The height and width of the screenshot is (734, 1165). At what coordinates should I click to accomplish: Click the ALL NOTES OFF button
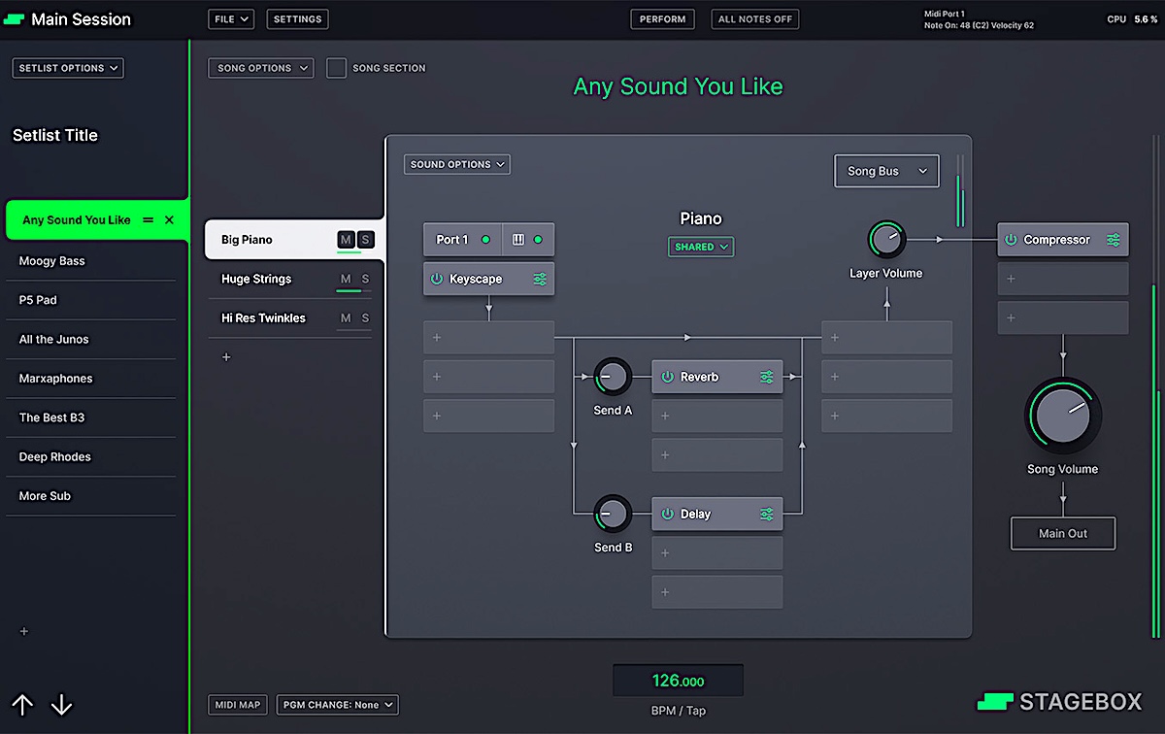pyautogui.click(x=755, y=18)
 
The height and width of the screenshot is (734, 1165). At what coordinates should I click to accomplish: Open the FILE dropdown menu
pyautogui.click(x=231, y=18)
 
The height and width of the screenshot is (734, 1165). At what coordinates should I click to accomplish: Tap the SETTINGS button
pyautogui.click(x=297, y=18)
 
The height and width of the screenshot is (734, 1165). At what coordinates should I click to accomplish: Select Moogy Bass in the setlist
pyautogui.click(x=52, y=261)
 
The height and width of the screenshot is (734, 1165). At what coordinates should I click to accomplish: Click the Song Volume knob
pyautogui.click(x=1063, y=416)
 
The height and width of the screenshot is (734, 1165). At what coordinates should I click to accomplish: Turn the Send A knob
pyautogui.click(x=613, y=377)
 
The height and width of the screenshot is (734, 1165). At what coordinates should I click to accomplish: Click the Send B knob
pyautogui.click(x=613, y=514)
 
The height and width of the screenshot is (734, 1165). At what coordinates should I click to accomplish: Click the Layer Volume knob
pyautogui.click(x=885, y=239)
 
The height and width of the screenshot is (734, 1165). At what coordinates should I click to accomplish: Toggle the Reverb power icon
pyautogui.click(x=668, y=377)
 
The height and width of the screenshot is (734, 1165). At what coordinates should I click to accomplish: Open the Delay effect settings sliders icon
pyautogui.click(x=767, y=514)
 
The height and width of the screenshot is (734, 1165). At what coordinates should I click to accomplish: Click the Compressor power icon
pyautogui.click(x=1011, y=240)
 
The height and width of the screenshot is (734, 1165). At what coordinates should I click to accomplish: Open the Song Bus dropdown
pyautogui.click(x=886, y=171)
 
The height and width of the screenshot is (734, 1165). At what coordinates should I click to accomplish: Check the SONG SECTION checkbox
pyautogui.click(x=336, y=68)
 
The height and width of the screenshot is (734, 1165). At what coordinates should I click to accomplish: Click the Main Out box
pyautogui.click(x=1063, y=533)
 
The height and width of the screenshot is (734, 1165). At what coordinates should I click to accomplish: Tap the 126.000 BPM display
pyautogui.click(x=678, y=681)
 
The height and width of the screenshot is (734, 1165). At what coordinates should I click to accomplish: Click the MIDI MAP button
pyautogui.click(x=238, y=705)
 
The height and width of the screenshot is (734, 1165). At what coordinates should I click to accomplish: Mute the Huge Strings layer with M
pyautogui.click(x=346, y=280)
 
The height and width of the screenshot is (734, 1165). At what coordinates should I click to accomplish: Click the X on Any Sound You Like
pyautogui.click(x=170, y=220)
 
